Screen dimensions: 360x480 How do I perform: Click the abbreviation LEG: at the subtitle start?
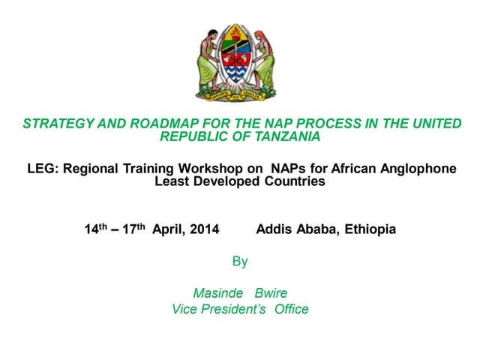[40, 169]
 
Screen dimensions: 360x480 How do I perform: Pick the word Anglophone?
[421, 169]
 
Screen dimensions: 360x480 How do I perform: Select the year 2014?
[204, 229]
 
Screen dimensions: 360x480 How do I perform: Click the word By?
[240, 262]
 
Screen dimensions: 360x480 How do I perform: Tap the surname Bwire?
[271, 293]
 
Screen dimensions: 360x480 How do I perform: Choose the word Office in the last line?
[292, 309]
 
